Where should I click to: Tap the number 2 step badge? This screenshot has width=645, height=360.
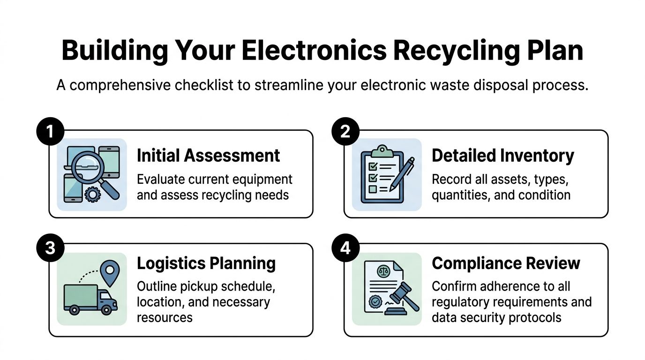345,132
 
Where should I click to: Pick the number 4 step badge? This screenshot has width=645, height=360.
345,247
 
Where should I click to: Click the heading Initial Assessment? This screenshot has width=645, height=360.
208,156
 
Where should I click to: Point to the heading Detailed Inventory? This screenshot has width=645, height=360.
502,156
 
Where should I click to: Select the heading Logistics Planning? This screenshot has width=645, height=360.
206,263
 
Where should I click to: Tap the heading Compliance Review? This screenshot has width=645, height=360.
506,263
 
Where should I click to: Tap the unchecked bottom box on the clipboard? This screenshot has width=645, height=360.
373,189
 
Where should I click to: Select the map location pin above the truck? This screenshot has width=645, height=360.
110,272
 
